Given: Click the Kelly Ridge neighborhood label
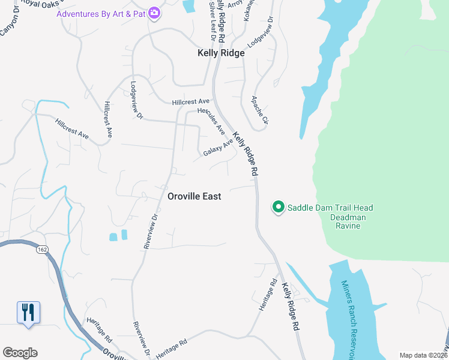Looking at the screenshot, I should pos(221,53).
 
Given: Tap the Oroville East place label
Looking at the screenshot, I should pos(194,196).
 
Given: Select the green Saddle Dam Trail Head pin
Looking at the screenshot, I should pos(279,207).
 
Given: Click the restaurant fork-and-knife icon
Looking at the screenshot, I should pos(28,313).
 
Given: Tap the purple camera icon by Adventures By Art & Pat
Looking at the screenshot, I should pos(154,13).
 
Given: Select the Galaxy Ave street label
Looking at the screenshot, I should pos(217,148).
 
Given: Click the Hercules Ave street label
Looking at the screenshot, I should pos(211,121).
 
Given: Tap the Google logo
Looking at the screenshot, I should pos(20,352).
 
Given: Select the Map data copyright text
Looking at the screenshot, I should pos(423,355).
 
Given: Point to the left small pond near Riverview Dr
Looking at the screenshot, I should pos(113,236).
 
